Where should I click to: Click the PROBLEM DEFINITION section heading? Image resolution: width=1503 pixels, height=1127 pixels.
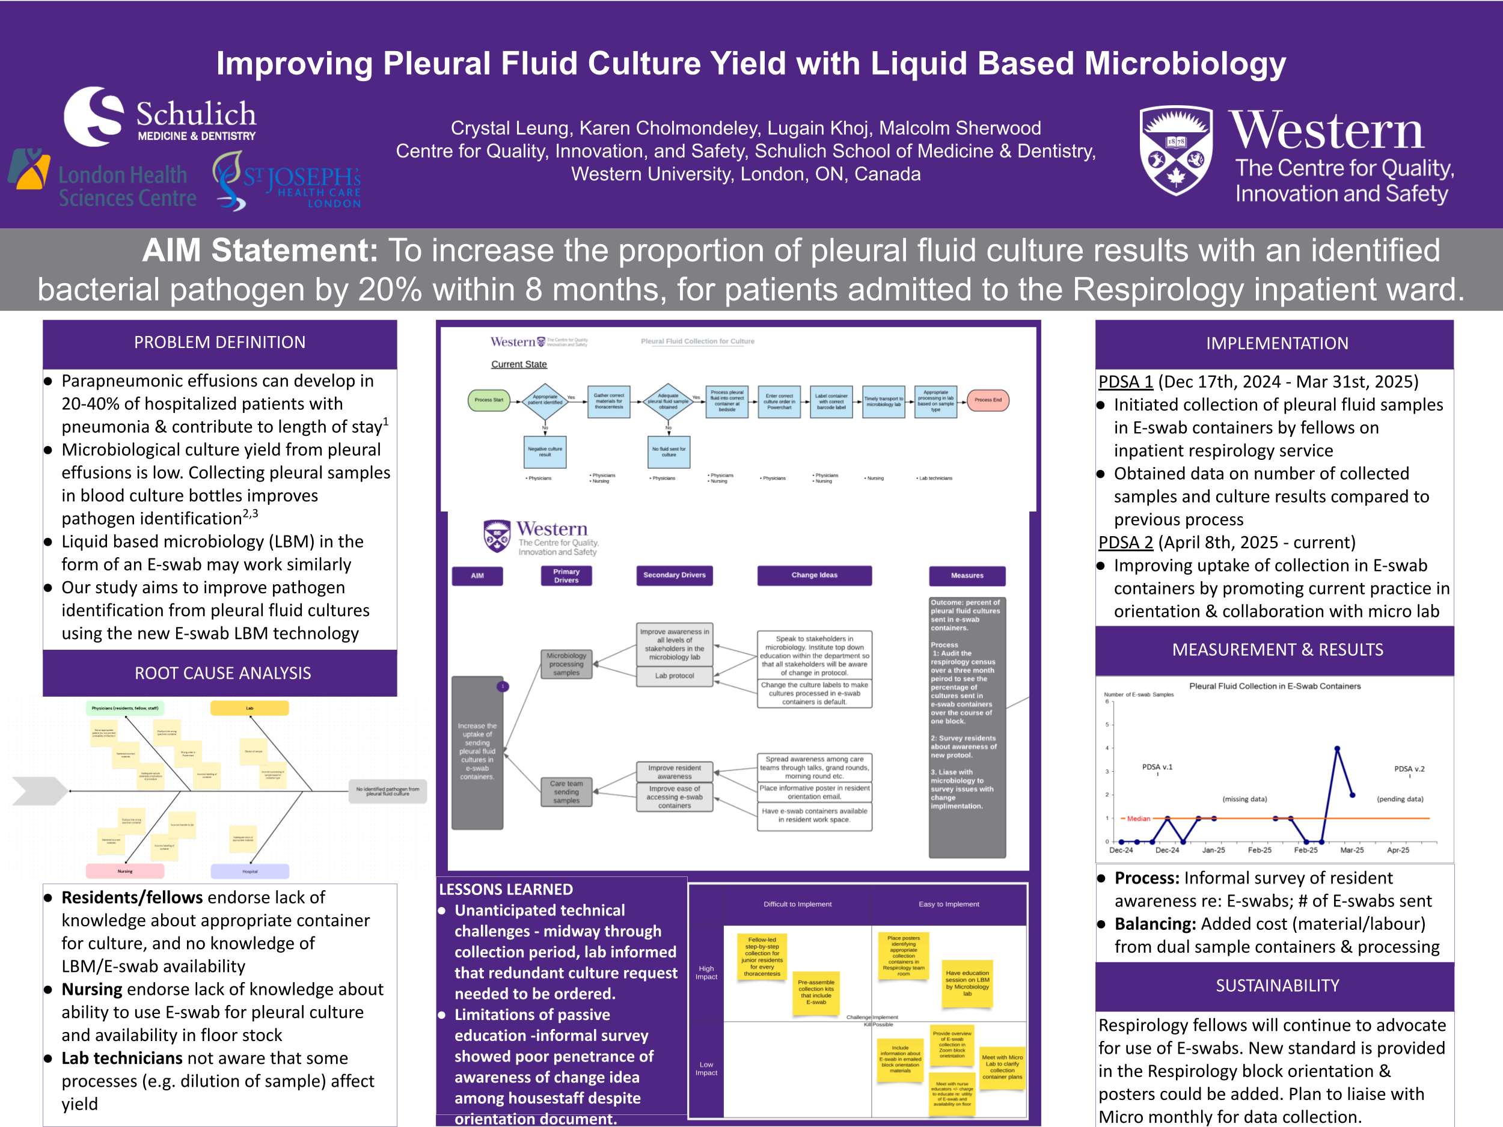(219, 343)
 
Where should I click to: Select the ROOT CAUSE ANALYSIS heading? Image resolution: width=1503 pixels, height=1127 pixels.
(222, 673)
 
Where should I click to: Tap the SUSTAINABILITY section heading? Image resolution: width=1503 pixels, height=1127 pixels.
(1277, 986)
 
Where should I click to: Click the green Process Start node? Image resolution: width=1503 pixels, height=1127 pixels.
(489, 400)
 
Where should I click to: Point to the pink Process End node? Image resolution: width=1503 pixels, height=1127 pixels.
(987, 400)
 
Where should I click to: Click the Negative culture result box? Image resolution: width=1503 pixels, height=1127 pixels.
(545, 452)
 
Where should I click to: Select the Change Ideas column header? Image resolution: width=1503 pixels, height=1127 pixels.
(814, 575)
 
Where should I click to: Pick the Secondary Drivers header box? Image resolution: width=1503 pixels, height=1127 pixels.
(674, 575)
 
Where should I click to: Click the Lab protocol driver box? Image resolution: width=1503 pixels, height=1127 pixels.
(674, 676)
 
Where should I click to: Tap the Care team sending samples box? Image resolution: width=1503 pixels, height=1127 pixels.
(566, 792)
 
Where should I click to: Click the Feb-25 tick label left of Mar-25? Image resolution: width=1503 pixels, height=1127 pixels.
(1305, 851)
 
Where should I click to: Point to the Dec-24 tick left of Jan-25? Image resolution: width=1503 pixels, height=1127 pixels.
(1167, 851)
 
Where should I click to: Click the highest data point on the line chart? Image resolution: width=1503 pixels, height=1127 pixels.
(1336, 748)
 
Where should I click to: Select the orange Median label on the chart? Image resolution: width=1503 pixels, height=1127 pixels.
(1138, 819)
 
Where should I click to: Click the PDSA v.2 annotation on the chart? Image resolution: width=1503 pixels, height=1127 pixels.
(1409, 769)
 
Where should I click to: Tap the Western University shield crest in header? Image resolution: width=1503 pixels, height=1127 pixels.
(1175, 150)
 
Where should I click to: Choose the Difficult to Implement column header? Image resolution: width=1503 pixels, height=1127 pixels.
(797, 904)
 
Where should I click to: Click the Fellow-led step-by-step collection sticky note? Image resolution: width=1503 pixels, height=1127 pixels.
(762, 956)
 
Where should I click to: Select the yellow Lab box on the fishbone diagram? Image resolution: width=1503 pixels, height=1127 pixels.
(249, 709)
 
